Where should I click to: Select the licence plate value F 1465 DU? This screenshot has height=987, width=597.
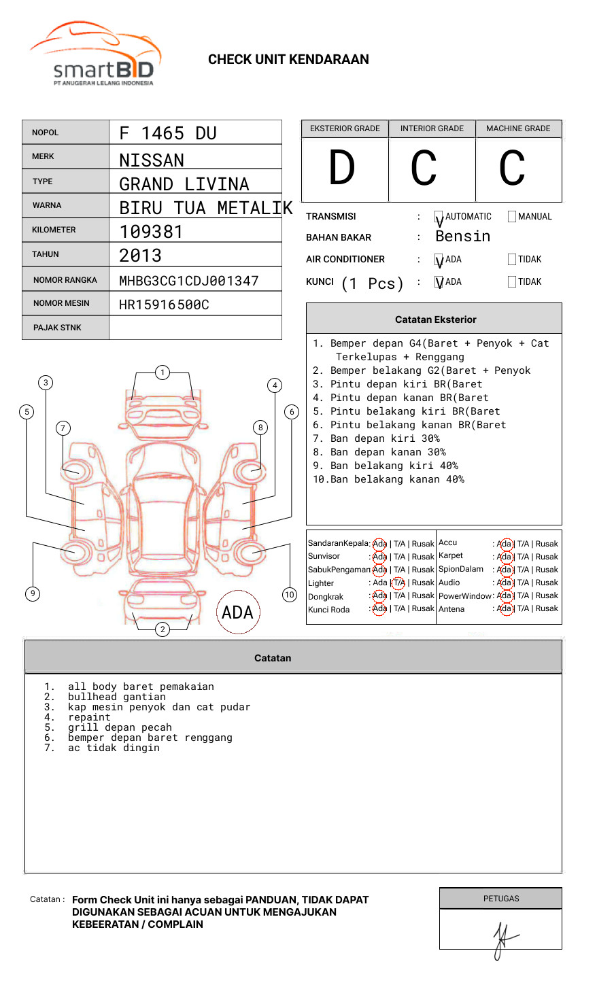click(x=167, y=133)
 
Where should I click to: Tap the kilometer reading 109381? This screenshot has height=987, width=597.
click(x=151, y=232)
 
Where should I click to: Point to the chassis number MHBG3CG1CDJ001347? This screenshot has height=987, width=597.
click(x=188, y=281)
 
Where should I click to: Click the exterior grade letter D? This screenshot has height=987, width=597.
click(x=342, y=168)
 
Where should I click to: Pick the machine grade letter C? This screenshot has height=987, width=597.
click(x=512, y=168)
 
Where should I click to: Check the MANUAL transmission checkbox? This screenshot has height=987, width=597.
click(x=512, y=217)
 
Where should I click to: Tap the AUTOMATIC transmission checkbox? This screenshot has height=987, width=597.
click(x=439, y=217)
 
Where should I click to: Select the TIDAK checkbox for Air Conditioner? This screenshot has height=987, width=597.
click(x=512, y=260)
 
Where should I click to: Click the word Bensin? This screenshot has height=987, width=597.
click(x=462, y=237)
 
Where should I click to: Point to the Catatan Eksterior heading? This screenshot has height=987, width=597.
click(x=435, y=319)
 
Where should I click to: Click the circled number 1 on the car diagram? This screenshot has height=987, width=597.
click(x=162, y=373)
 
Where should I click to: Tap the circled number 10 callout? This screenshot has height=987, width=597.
click(x=290, y=595)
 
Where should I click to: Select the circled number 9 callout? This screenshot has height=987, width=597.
click(x=33, y=593)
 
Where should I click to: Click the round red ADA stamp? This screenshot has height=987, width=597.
click(x=237, y=612)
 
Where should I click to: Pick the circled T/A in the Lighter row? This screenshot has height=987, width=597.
click(x=398, y=583)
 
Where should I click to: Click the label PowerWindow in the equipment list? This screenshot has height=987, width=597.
click(x=464, y=596)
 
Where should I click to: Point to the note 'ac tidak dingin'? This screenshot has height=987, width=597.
click(x=114, y=748)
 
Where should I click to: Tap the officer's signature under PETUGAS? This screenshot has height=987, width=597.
click(x=502, y=937)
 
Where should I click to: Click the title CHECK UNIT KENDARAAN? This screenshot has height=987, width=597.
click(x=288, y=60)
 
